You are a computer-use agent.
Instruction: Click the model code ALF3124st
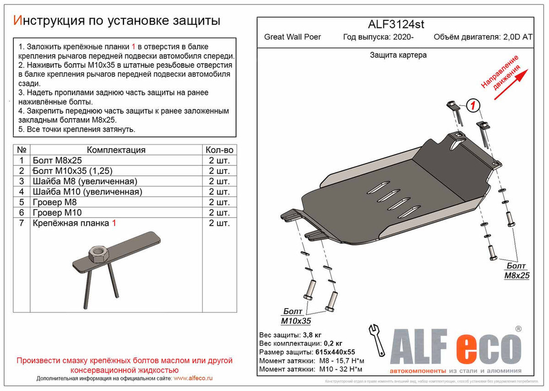(x=395, y=25)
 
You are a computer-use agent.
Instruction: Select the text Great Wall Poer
(x=293, y=37)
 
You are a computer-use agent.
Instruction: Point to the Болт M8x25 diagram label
(x=517, y=271)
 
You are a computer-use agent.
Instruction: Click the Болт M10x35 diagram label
(x=296, y=316)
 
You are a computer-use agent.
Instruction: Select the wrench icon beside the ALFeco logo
(x=378, y=340)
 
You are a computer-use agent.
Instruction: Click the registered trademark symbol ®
(x=518, y=329)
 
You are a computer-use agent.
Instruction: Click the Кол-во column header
(x=219, y=150)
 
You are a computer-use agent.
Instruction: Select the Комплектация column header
(x=116, y=150)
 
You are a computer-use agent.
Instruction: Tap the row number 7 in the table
(x=21, y=223)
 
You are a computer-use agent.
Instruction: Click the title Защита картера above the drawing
(x=398, y=55)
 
